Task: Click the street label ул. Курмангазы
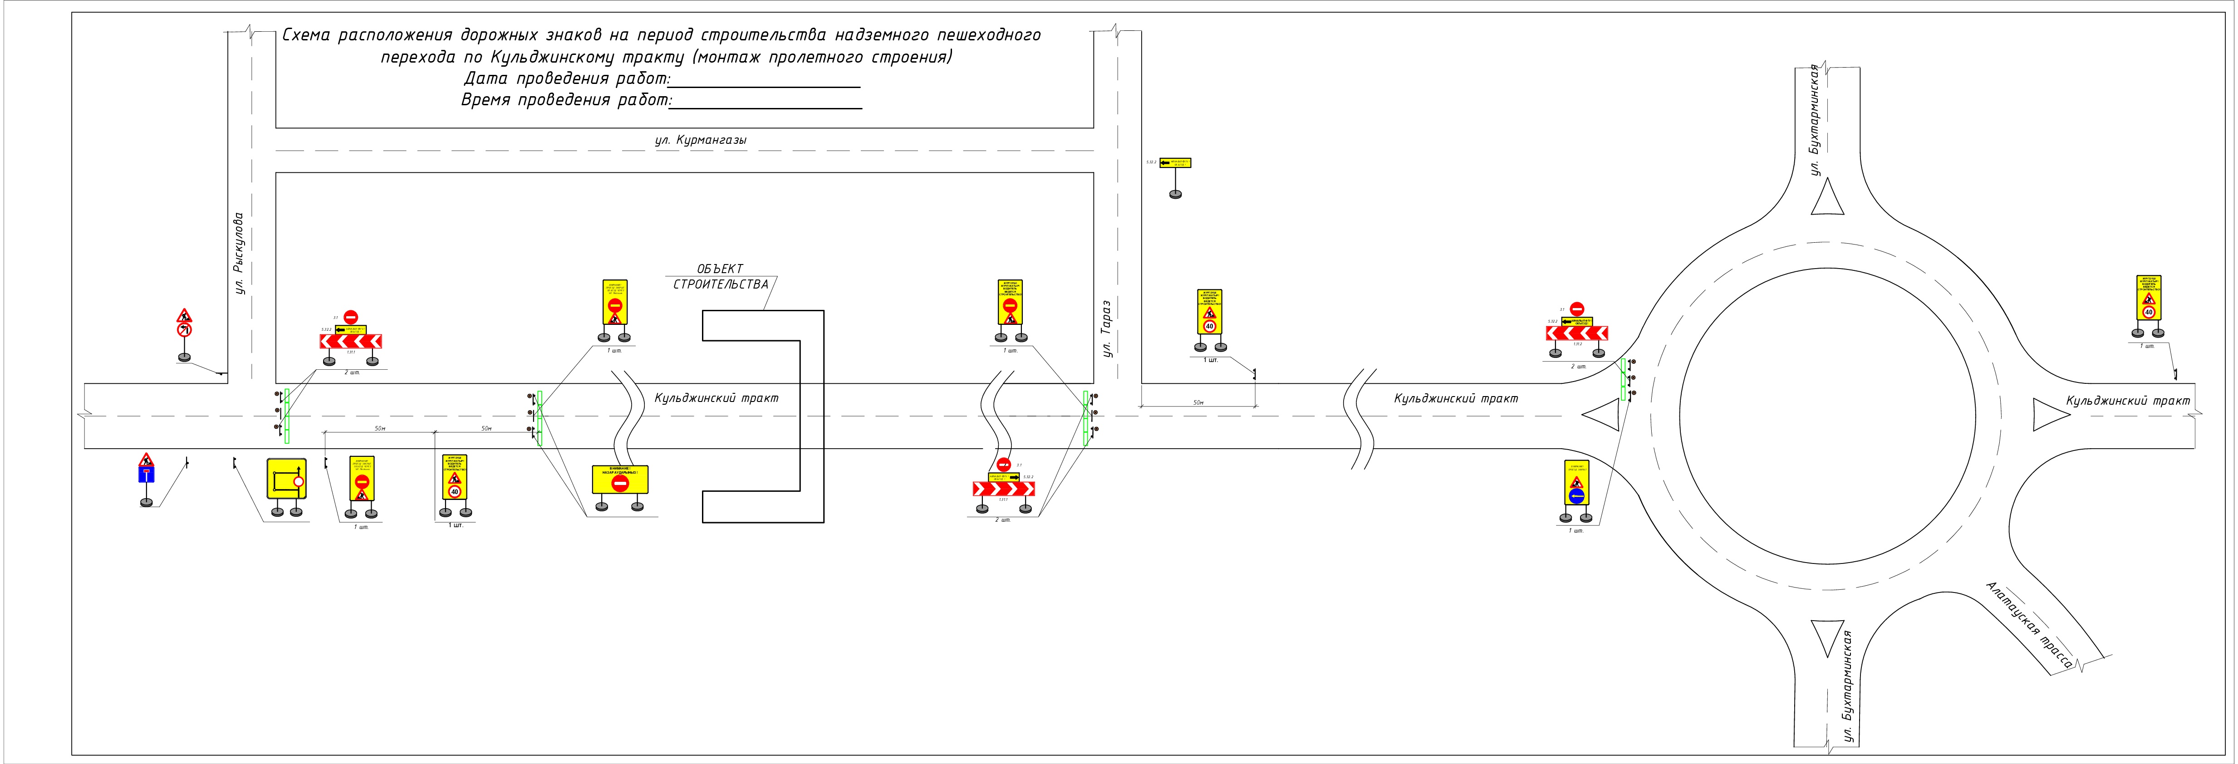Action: point(700,140)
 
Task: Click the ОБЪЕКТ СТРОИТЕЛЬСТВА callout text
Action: point(720,277)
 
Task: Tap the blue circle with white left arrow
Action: point(1576,496)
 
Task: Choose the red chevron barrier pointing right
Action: point(1003,489)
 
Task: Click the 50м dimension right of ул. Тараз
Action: point(1198,403)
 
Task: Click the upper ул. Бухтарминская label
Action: point(1814,120)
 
